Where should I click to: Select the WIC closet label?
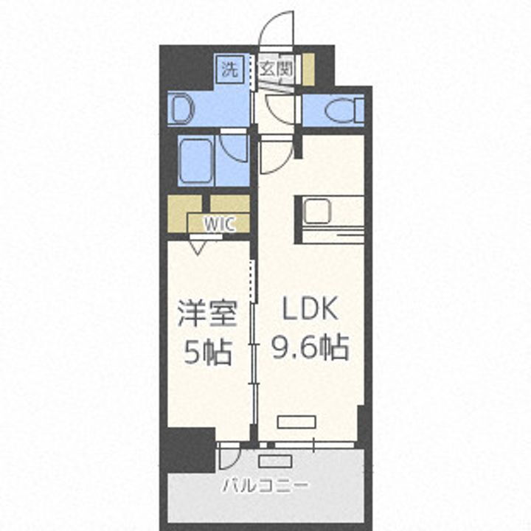coord(220,224)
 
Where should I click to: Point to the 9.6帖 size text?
coord(310,347)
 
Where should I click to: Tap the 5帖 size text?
coord(208,353)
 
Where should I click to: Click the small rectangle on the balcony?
coord(276,461)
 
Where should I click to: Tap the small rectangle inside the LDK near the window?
coord(292,422)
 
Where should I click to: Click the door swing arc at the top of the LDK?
coord(277,156)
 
